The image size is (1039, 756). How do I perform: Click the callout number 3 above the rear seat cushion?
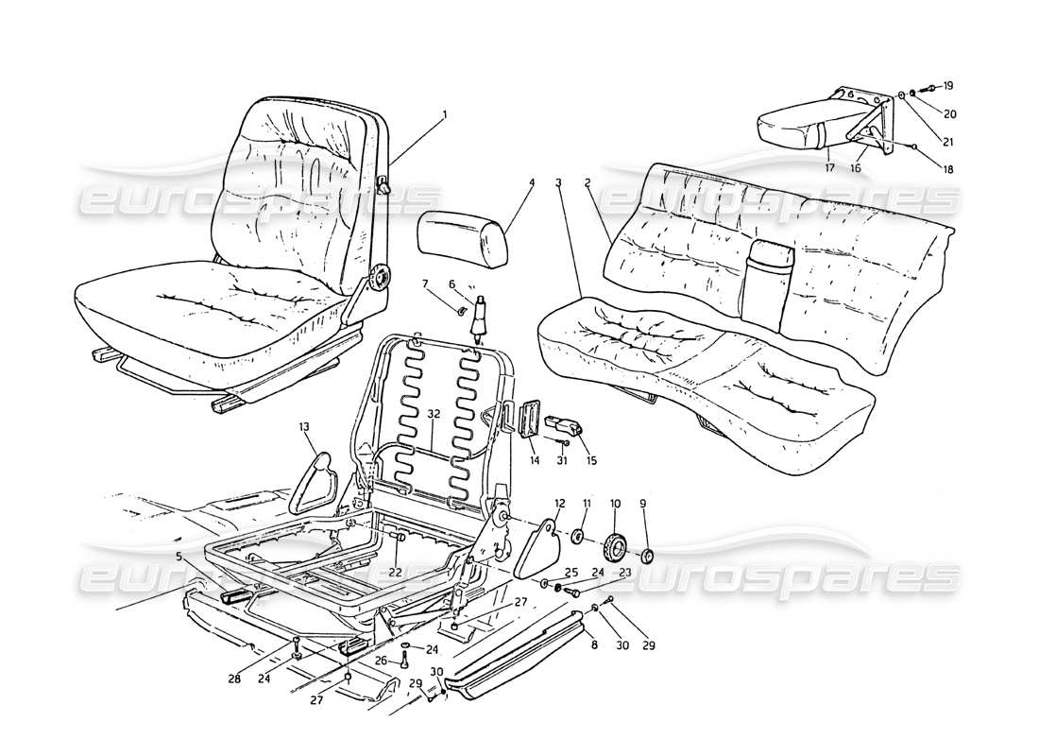[x=559, y=180]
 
